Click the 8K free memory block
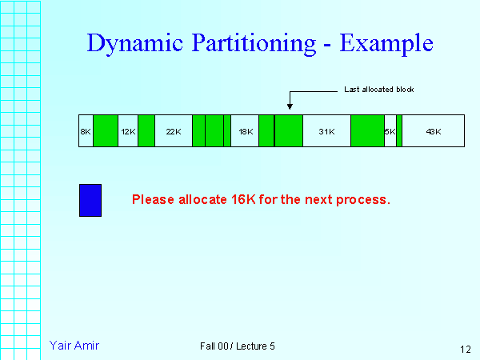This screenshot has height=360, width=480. (x=86, y=130)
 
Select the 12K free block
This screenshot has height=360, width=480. (x=128, y=130)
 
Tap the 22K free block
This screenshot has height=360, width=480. (x=173, y=130)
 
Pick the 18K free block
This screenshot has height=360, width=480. (x=245, y=130)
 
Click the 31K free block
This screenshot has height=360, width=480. (x=326, y=130)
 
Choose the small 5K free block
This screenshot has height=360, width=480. (x=390, y=130)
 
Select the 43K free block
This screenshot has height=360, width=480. (x=433, y=130)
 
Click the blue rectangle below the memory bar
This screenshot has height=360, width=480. (x=90, y=200)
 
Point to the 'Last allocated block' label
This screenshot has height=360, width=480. (x=378, y=89)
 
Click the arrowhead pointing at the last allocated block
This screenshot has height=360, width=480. (x=290, y=107)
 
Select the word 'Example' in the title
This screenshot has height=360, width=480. (x=387, y=43)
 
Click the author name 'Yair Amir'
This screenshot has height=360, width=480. (x=74, y=346)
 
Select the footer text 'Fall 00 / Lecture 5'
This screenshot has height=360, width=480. (x=238, y=346)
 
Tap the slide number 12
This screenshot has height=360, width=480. (x=466, y=349)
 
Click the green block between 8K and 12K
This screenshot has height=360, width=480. (x=106, y=130)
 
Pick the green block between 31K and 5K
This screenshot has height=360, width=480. (x=367, y=130)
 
